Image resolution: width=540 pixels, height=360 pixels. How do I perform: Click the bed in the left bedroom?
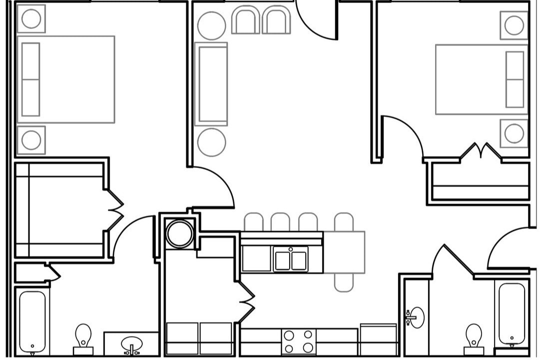pyautogui.click(x=66, y=79)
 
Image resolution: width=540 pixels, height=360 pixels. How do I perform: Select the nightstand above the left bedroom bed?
pyautogui.click(x=31, y=19)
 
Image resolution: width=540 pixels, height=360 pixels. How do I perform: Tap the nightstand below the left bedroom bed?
pyautogui.click(x=31, y=140)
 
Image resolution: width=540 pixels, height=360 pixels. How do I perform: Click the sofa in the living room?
pyautogui.click(x=211, y=84)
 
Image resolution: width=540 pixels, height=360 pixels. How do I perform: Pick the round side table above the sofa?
pyautogui.click(x=211, y=25)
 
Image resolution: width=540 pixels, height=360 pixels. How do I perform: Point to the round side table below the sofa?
pyautogui.click(x=211, y=141)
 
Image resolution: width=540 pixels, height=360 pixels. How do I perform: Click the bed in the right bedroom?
pyautogui.click(x=481, y=79)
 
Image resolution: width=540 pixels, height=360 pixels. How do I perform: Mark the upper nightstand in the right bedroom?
pyautogui.click(x=514, y=25)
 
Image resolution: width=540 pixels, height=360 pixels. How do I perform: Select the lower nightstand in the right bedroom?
pyautogui.click(x=514, y=133)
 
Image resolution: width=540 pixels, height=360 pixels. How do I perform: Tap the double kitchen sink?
pyautogui.click(x=290, y=260)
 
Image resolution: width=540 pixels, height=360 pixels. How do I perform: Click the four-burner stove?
pyautogui.click(x=299, y=341)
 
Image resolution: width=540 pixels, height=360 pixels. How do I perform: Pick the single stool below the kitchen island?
pyautogui.click(x=344, y=282)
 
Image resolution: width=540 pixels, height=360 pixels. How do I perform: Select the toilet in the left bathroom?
pyautogui.click(x=83, y=336)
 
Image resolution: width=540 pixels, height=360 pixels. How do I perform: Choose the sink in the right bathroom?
pyautogui.click(x=416, y=317)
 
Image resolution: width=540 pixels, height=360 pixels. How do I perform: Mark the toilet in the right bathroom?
pyautogui.click(x=473, y=336)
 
